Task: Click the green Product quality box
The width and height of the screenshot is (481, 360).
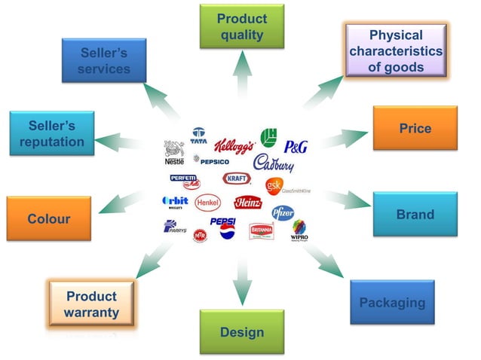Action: [241, 26]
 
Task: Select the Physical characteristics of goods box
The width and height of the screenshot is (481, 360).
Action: [396, 50]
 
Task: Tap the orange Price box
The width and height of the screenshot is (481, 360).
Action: [415, 129]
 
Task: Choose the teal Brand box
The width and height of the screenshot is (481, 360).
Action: [415, 215]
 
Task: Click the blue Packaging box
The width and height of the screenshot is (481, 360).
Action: [392, 303]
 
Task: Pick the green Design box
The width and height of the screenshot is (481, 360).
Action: [241, 331]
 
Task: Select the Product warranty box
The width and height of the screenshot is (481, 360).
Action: [91, 304]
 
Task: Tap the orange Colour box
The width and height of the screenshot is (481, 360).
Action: [49, 219]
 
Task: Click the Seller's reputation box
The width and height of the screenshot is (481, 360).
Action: [51, 133]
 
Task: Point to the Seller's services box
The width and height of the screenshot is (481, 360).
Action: [105, 61]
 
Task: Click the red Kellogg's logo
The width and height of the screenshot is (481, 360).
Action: [234, 145]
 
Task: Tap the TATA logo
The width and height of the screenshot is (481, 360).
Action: [199, 136]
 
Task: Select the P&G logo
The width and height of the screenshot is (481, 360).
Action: [296, 147]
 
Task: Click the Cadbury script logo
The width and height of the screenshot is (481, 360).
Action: [273, 163]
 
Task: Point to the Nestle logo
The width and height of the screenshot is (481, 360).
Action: [173, 152]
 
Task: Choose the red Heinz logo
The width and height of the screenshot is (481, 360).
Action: [247, 202]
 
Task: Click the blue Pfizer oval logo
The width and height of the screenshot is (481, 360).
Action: [283, 212]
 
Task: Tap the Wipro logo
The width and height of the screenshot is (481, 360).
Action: [299, 230]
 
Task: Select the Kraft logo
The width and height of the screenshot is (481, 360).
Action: [236, 178]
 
